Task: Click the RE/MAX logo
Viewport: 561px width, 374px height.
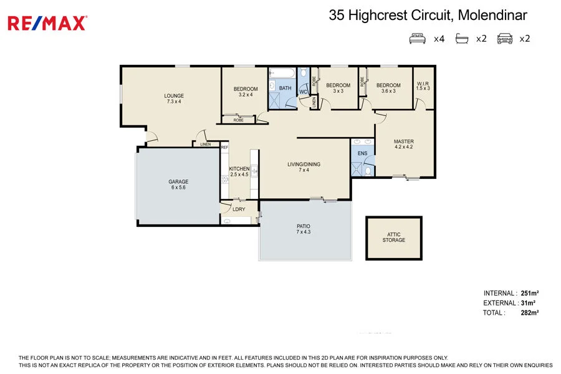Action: tap(47, 23)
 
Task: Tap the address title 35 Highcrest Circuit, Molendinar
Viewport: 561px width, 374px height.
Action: tap(428, 16)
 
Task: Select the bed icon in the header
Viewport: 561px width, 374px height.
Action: tap(417, 39)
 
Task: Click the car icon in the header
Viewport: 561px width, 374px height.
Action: tap(504, 39)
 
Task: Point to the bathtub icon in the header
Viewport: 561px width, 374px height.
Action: tap(461, 39)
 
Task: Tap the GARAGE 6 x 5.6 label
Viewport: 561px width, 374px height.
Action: tap(178, 185)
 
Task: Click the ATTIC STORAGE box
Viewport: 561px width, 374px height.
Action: tap(393, 237)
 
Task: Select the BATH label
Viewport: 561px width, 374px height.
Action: tap(285, 89)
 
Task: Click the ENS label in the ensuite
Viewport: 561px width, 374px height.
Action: tap(362, 153)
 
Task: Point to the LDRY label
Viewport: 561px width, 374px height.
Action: tap(239, 209)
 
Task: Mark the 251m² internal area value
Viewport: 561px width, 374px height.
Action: tap(529, 293)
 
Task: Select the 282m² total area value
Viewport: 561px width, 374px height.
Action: tap(529, 313)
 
